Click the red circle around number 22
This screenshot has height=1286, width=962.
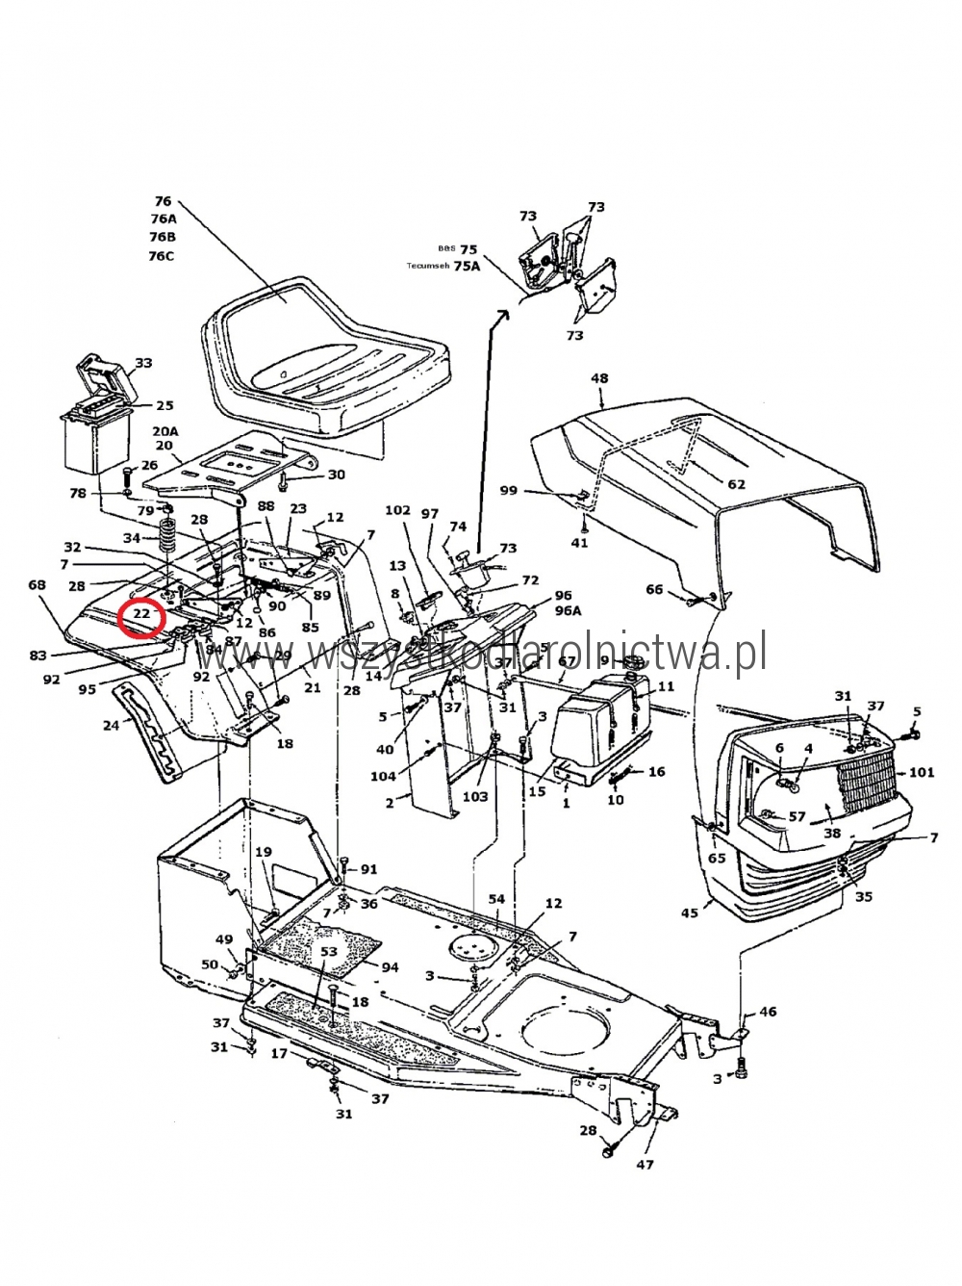tap(140, 614)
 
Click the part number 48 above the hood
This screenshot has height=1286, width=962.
tap(599, 378)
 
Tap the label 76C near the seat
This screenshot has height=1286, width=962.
tap(162, 256)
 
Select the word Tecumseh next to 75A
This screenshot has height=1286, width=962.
tap(427, 267)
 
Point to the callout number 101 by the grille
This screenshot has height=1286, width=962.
tap(921, 771)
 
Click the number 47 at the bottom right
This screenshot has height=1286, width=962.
tap(645, 1164)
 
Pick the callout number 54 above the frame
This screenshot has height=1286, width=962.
tap(496, 899)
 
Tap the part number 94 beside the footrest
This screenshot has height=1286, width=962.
tap(390, 966)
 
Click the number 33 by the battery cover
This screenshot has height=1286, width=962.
tap(143, 363)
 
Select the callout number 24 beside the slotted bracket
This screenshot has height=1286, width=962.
tap(112, 725)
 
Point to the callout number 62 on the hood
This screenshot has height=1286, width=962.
tap(736, 484)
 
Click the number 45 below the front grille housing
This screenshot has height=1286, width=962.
tap(689, 912)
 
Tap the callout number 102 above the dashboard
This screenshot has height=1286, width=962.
tap(397, 510)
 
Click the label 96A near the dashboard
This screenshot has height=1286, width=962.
tap(568, 610)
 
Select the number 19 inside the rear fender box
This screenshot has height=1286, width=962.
tap(264, 852)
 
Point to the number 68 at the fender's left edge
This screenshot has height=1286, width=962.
tap(38, 585)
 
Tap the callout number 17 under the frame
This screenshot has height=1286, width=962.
tap(278, 1054)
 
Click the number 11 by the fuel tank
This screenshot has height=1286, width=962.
tap(666, 686)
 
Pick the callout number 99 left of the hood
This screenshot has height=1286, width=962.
tap(508, 490)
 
